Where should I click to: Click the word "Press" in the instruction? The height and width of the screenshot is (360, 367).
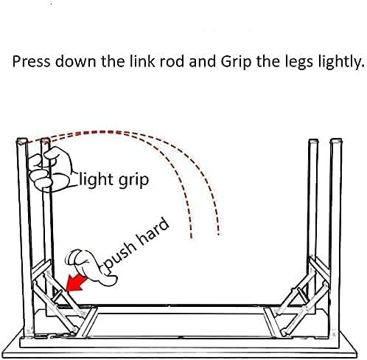click(x=31, y=61)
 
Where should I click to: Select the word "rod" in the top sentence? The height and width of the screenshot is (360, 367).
click(x=172, y=61)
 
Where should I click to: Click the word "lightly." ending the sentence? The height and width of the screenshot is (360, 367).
click(x=341, y=62)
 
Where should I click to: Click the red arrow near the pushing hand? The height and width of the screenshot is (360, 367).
click(x=76, y=283)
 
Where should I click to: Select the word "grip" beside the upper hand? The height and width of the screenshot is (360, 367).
click(x=134, y=181)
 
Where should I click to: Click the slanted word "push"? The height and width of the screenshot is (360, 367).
click(x=120, y=256)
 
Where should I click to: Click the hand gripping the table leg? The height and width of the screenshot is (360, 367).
click(x=50, y=170)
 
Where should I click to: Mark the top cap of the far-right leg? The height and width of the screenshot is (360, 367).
click(x=336, y=141)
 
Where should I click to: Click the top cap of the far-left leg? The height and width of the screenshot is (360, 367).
click(x=21, y=142)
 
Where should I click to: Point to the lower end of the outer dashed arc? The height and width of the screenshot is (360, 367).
click(x=218, y=233)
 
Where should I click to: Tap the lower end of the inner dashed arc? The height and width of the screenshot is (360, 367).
click(x=192, y=237)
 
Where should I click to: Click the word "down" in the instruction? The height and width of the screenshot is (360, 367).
click(x=75, y=61)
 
